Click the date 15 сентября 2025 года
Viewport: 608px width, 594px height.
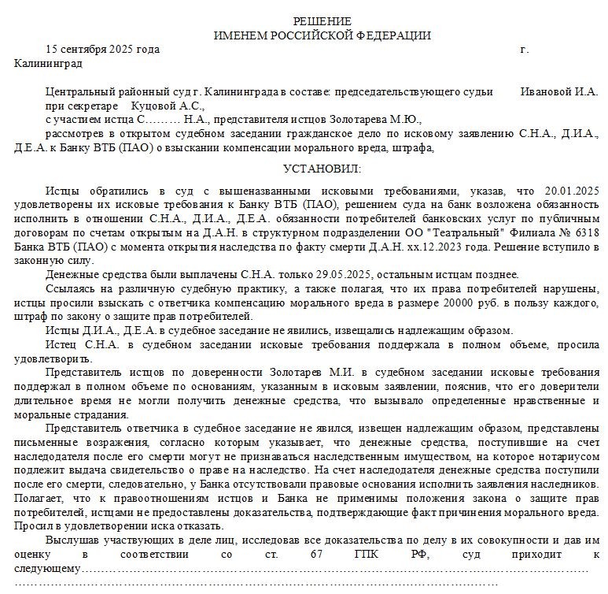point(102,49)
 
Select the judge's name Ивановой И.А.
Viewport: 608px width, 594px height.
point(559,91)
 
